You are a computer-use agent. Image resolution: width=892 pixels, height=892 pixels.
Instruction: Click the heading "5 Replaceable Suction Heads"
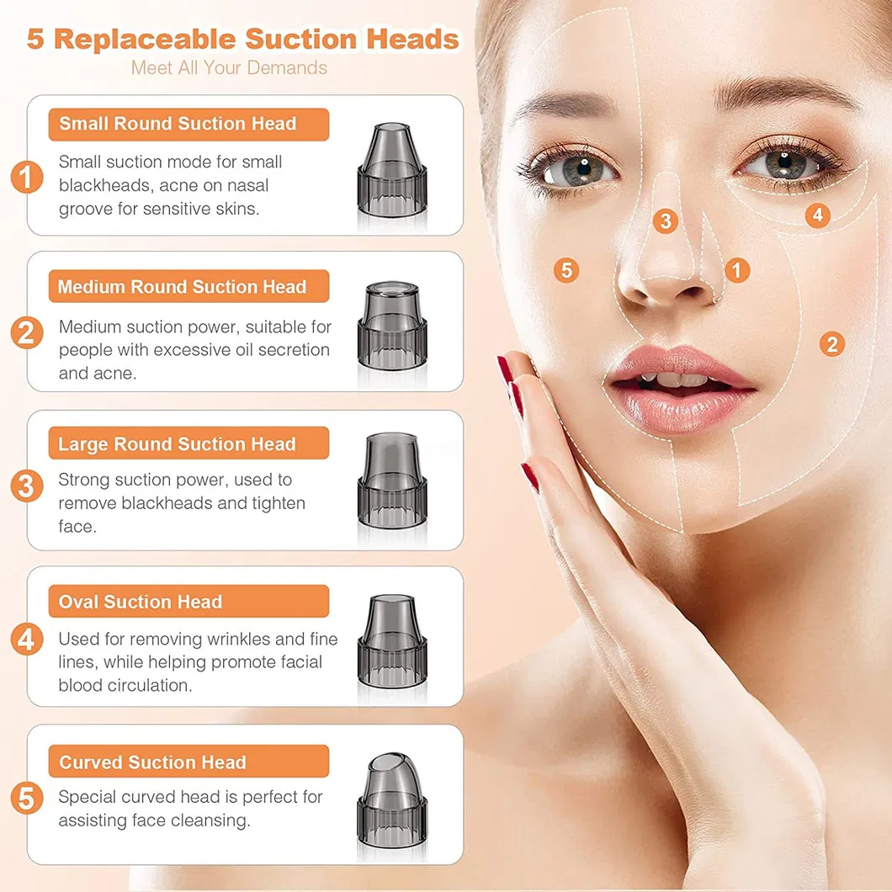coord(243,40)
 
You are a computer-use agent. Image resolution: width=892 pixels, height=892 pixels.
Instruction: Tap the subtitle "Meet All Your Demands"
coord(229,67)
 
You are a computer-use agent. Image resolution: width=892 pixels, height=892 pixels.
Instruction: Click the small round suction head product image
coord(392,172)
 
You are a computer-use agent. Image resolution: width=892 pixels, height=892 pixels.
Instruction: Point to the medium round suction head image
coord(392,327)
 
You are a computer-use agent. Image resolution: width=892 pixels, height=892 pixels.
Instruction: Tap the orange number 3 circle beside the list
coord(27,486)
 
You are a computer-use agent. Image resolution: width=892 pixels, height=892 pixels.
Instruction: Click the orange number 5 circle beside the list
coord(27,798)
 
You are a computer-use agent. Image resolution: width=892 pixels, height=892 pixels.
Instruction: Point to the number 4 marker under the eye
coord(817,215)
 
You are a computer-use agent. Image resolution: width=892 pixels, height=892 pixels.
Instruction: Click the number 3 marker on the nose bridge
coord(666,220)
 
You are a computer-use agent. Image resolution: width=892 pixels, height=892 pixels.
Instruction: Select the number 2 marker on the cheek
coord(831,343)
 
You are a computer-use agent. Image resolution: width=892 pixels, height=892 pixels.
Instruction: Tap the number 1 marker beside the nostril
coord(737,270)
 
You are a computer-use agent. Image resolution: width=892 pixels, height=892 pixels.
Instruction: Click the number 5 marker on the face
coord(566,270)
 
